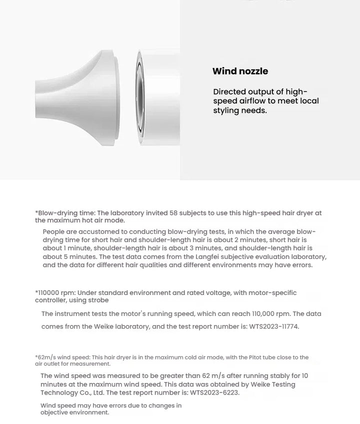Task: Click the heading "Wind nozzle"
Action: point(240,71)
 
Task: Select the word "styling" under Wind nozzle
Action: point(227,110)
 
